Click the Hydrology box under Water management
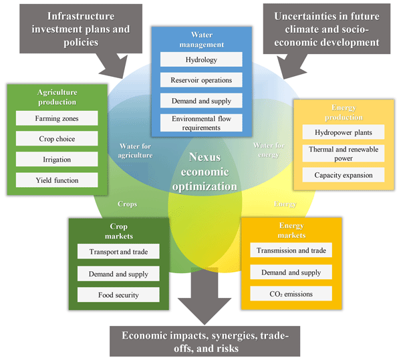click(200, 59)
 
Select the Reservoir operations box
click(200, 80)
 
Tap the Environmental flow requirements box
click(200, 122)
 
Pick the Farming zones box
click(57, 118)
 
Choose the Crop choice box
click(57, 139)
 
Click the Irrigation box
click(57, 160)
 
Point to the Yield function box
click(57, 180)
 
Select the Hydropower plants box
click(344, 132)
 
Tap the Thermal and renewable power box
click(344, 154)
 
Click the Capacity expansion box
click(344, 175)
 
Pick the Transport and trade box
click(118, 252)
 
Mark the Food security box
click(118, 294)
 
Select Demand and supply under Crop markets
click(118, 273)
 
